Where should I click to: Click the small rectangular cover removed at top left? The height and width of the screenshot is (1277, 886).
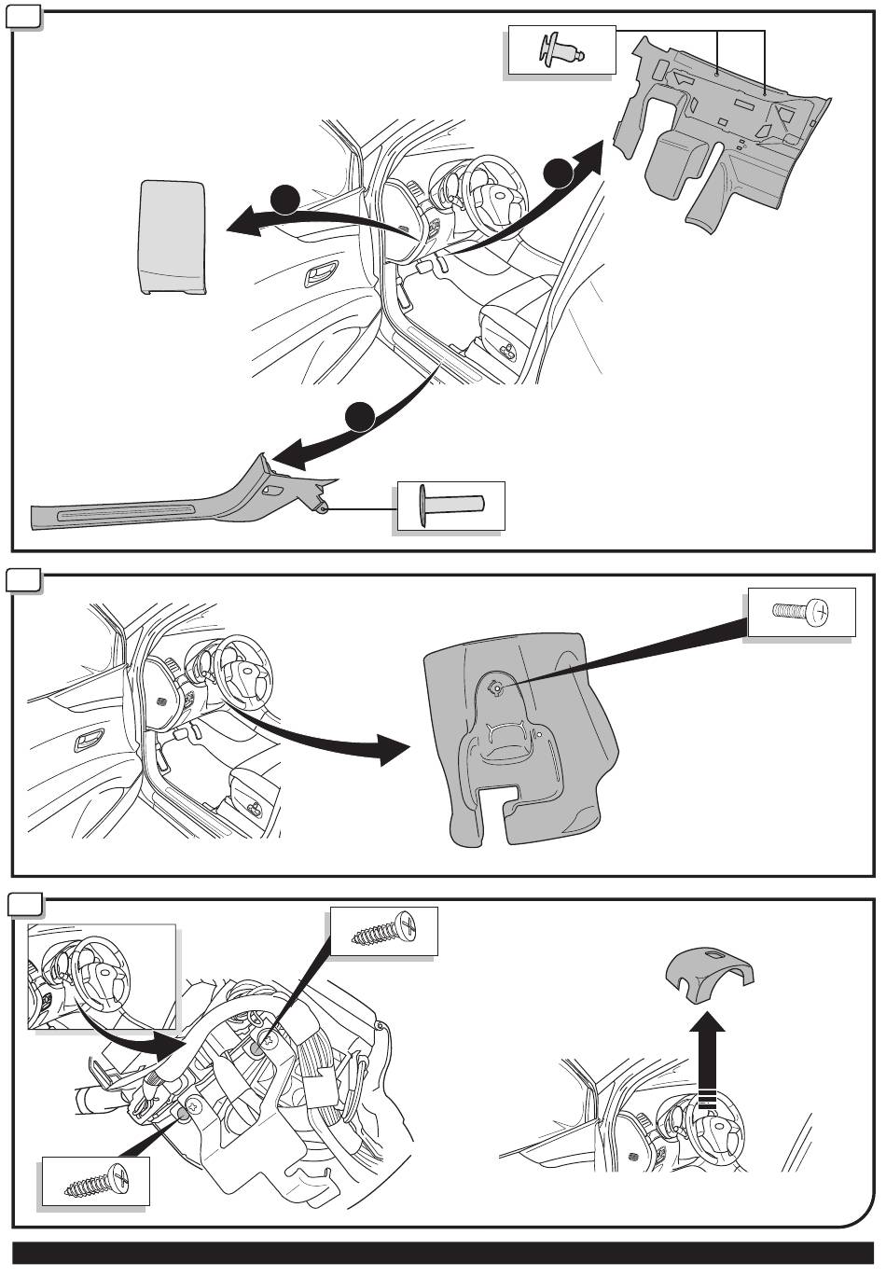173,237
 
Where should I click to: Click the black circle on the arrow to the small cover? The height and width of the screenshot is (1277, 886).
285,199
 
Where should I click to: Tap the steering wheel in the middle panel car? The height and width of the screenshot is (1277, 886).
244,672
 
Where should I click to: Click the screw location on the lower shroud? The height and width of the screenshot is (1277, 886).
497,688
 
